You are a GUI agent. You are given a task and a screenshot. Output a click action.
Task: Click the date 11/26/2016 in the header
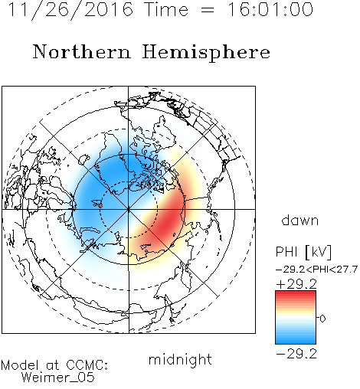70,10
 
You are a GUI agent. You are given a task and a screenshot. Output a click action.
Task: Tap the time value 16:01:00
270,9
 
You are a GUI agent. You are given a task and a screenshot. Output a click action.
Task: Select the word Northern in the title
82,51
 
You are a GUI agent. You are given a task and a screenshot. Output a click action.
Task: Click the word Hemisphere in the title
206,52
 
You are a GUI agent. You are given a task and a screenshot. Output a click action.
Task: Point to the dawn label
300,220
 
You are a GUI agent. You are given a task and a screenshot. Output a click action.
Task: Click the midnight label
180,359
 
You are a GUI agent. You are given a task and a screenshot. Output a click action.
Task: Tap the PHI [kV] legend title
303,252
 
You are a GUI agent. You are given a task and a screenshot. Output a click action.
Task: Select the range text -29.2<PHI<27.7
316,270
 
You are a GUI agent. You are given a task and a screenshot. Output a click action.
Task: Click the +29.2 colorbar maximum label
296,284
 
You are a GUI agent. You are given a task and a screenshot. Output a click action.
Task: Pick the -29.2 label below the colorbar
296,354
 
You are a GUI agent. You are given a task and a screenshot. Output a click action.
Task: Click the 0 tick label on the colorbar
322,319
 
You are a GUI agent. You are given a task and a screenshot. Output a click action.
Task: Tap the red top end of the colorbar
296,293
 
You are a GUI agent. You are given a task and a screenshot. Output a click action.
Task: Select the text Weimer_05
58,378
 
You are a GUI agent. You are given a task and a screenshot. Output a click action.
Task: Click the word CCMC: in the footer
87,365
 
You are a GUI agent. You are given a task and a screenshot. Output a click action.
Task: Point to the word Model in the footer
20,365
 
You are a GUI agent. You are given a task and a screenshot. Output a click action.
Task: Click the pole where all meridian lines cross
128,209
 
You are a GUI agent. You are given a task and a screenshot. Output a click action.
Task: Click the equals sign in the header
208,10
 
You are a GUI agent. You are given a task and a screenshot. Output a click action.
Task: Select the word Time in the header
166,9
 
